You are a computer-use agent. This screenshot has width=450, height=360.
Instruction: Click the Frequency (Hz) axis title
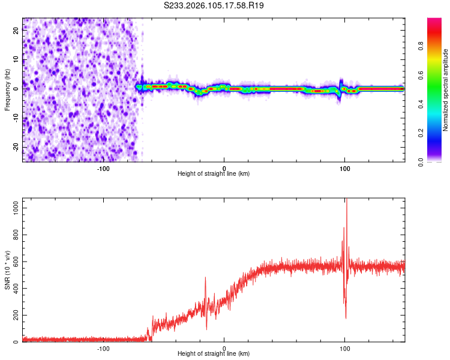pyautogui.click(x=8, y=89)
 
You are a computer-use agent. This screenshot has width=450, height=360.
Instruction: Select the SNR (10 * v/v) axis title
pyautogui.click(x=8, y=271)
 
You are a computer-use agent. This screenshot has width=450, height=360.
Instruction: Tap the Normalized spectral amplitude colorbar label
pyautogui.click(x=445, y=90)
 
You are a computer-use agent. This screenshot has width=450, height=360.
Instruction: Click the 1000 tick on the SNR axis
pyautogui.click(x=13, y=207)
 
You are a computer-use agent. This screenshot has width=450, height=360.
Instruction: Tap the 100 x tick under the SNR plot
pyautogui.click(x=345, y=347)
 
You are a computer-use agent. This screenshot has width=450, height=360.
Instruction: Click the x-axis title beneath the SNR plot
pyautogui.click(x=214, y=354)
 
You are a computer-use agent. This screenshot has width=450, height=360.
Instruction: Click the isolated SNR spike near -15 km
pyautogui.click(x=206, y=278)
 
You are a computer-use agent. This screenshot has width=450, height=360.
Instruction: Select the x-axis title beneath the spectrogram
pyautogui.click(x=214, y=173)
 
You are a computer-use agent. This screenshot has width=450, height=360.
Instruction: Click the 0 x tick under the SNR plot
pyautogui.click(x=224, y=347)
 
